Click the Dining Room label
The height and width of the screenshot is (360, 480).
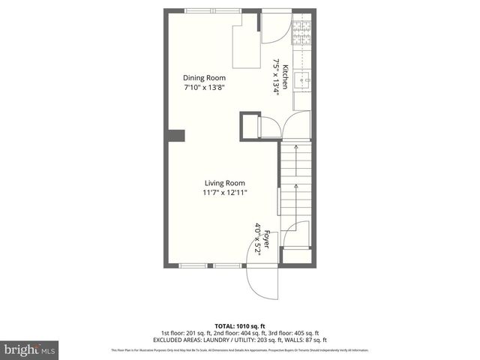pyautogui.click(x=205, y=77)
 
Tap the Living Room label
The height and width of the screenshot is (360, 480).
pyautogui.click(x=225, y=183)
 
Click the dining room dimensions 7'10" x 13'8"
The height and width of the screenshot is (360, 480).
pyautogui.click(x=205, y=88)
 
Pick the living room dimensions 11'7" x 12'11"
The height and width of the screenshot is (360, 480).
pyautogui.click(x=225, y=193)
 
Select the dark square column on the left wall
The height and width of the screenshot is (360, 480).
pyautogui.click(x=176, y=136)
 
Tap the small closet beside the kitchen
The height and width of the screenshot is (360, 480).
pyautogui.click(x=250, y=124)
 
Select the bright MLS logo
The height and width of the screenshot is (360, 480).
pyautogui.click(x=28, y=349)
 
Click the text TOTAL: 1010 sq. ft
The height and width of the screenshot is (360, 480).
pyautogui.click(x=240, y=325)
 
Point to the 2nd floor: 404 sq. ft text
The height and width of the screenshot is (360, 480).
pyautogui.click(x=235, y=332)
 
